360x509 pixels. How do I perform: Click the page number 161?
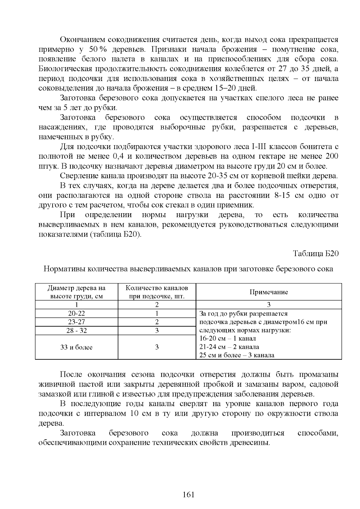(188, 495)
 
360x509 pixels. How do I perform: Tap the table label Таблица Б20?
(316, 253)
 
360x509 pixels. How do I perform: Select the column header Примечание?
(268, 292)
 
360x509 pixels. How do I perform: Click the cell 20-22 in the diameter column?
(76, 313)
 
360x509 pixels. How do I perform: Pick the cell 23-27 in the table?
(76, 322)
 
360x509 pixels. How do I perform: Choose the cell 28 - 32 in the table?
(76, 331)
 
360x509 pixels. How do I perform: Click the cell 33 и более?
(76, 347)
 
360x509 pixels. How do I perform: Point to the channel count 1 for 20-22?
(157, 313)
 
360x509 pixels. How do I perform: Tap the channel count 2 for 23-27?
(157, 322)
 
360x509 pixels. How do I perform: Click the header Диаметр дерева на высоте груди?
(76, 292)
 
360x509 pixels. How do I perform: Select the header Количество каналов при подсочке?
(157, 292)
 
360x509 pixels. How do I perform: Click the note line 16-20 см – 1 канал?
(227, 339)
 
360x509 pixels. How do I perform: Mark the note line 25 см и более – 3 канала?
(237, 355)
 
